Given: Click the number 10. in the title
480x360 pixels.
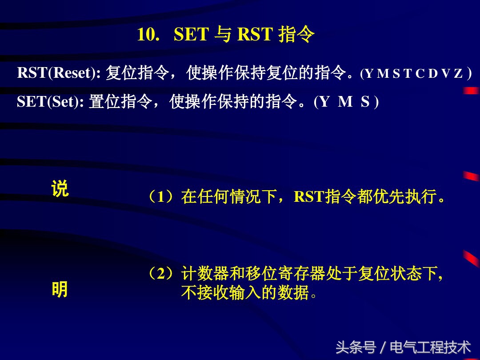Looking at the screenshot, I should coord(148,35).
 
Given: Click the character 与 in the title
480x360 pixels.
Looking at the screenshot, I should coord(222,35).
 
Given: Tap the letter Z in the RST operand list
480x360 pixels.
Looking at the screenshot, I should coord(458,74).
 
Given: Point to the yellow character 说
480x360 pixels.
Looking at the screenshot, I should coord(60,189).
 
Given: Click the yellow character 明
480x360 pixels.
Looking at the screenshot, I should coord(60,290).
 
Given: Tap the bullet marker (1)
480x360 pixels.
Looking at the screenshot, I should coord(160,196).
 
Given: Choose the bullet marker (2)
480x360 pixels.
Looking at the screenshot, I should coord(160,274).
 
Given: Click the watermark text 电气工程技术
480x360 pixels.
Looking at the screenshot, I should coord(430,347).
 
